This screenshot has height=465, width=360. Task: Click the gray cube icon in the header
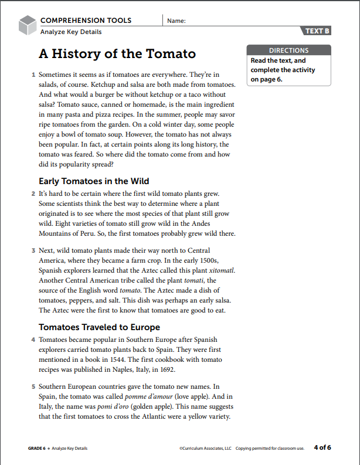[x=28, y=25]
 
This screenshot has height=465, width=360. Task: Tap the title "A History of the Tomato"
[x=117, y=54]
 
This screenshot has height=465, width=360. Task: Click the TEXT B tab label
[x=317, y=31]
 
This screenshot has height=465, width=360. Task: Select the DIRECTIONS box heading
[x=288, y=50]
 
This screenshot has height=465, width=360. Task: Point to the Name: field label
[x=176, y=21]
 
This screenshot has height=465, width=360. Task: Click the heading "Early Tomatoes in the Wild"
[x=94, y=181]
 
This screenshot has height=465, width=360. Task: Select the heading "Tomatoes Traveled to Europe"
[x=99, y=327]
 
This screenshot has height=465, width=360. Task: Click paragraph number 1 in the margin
[x=33, y=76]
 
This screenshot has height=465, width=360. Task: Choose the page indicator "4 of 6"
[x=322, y=448]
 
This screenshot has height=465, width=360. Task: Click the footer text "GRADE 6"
[x=37, y=449]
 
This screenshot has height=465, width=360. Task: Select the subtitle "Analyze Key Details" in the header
[x=71, y=32]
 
